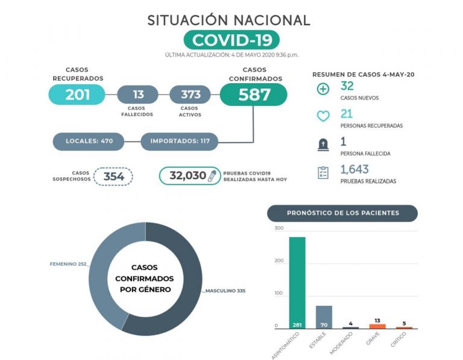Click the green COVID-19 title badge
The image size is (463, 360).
click(x=231, y=40)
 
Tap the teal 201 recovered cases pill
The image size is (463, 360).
click(x=77, y=95)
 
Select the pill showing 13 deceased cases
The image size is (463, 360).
click(x=138, y=95)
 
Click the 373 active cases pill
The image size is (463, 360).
click(x=191, y=95)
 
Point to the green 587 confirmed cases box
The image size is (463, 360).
click(x=254, y=95)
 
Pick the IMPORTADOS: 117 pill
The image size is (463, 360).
click(x=180, y=141)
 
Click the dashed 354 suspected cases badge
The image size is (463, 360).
click(x=113, y=176)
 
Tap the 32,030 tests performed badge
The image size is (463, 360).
click(x=189, y=176)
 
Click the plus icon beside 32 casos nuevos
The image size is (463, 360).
click(x=323, y=90)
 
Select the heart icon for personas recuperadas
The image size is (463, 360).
click(x=323, y=116)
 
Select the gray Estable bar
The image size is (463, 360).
click(x=324, y=317)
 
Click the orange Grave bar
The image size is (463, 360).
click(x=377, y=326)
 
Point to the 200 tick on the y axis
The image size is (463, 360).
click(x=279, y=261)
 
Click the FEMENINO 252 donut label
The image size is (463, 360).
click(x=68, y=264)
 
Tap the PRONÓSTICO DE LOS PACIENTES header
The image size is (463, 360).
click(x=342, y=213)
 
